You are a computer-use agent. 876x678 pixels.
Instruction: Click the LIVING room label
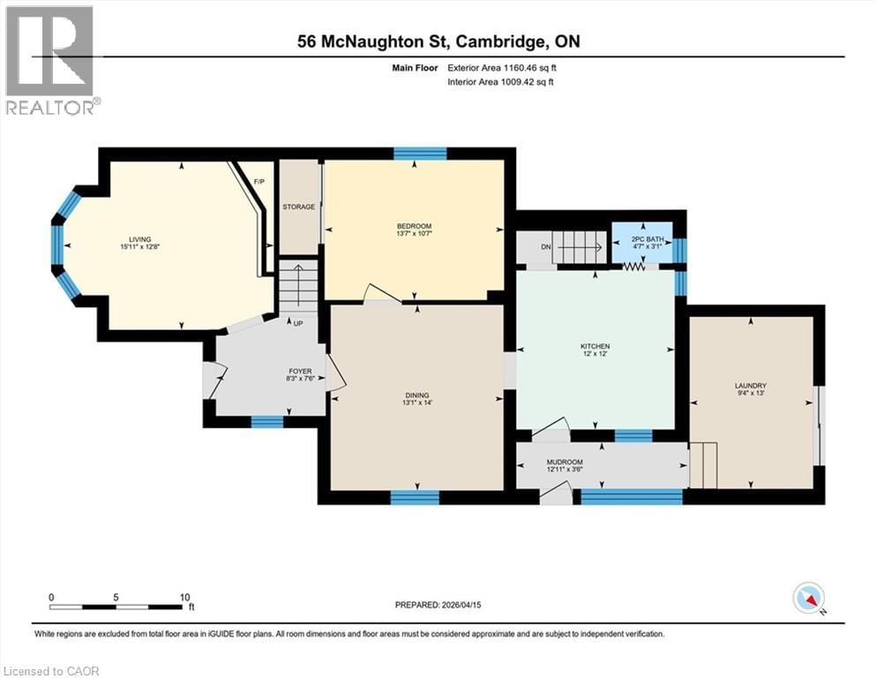click(139, 239)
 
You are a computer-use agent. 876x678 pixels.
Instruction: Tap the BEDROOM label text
click(414, 227)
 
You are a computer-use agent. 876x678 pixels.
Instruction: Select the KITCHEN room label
click(595, 346)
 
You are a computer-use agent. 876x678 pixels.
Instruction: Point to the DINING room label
click(416, 395)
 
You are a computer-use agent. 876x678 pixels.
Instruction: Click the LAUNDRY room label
click(750, 386)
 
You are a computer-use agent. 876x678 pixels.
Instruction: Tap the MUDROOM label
click(565, 462)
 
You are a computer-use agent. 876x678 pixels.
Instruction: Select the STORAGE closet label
click(299, 207)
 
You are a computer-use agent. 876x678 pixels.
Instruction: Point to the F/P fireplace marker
click(259, 182)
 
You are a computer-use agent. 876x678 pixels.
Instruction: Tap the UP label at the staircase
click(298, 324)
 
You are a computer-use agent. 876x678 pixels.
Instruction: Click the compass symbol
click(808, 599)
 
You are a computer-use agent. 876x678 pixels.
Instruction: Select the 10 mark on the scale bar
click(185, 597)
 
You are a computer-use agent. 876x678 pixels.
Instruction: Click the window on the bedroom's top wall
click(420, 154)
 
